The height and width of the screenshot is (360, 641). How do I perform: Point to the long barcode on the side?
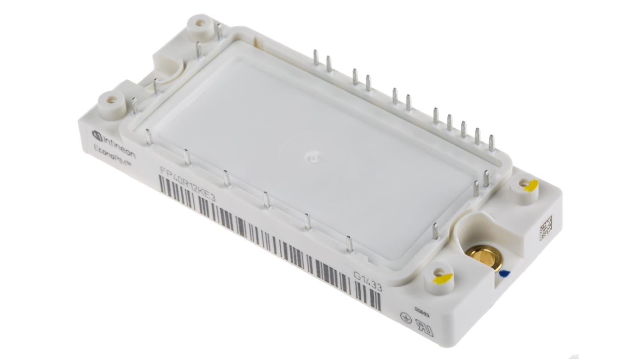pyautogui.click(x=266, y=241)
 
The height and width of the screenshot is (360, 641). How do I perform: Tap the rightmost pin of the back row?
pyautogui.click(x=491, y=143)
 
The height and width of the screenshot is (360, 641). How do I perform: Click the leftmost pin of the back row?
pyautogui.click(x=316, y=58)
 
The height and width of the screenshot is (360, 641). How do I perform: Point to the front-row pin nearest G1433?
pyautogui.click(x=349, y=244)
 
